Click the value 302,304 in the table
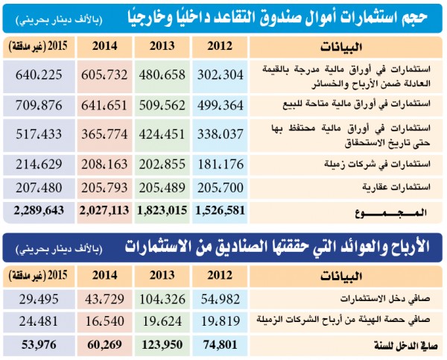(x=220, y=75)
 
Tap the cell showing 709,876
(x=39, y=104)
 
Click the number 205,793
(x=103, y=185)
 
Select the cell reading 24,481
(x=39, y=321)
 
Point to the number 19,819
(x=220, y=321)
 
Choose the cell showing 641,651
(x=103, y=104)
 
